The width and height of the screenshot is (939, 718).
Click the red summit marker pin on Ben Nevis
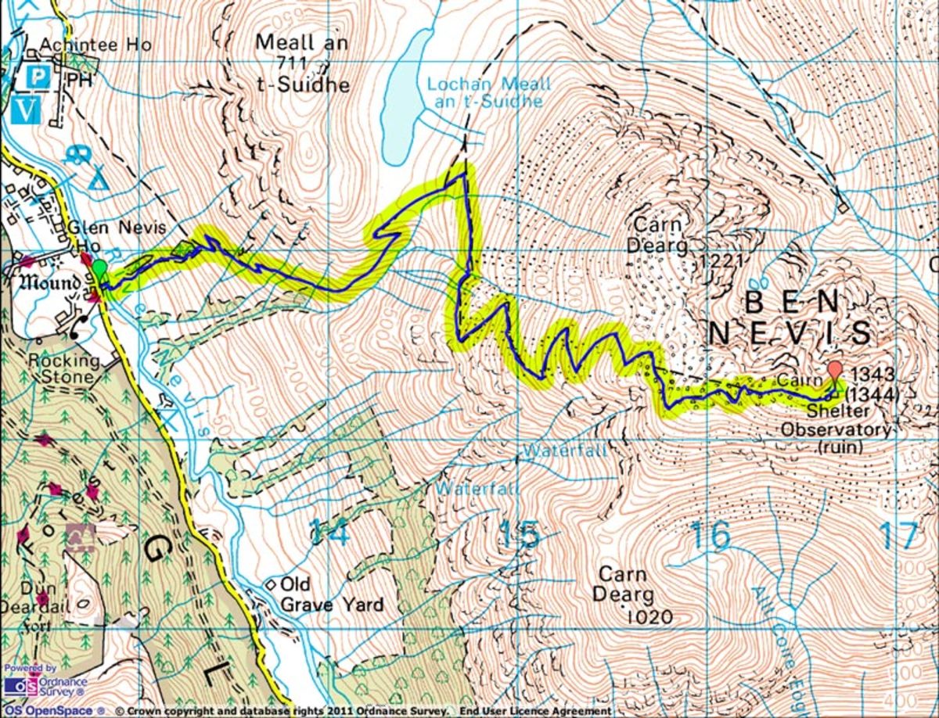(835, 371)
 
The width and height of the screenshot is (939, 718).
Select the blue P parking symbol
(37, 77)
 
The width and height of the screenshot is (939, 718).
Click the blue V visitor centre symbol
(26, 110)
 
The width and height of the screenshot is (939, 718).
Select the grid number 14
(329, 533)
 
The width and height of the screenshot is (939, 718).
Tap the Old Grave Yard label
(332, 594)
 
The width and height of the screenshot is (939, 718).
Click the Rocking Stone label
(64, 369)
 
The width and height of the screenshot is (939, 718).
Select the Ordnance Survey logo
(45, 686)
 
